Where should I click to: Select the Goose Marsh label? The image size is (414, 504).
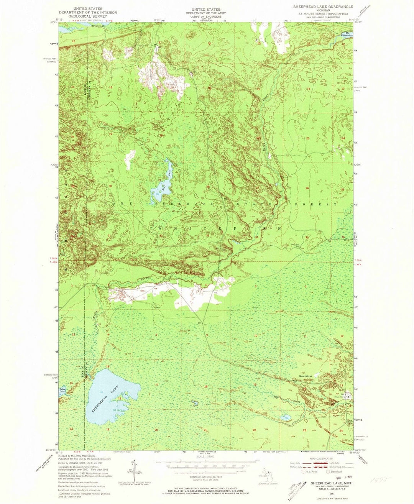click(305, 376)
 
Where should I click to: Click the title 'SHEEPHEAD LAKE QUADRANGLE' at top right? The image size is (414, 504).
click(323, 7)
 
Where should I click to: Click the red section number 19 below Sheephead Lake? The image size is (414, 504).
click(108, 429)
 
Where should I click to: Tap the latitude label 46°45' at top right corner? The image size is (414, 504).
click(358, 22)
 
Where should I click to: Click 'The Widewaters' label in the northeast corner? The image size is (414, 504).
click(349, 35)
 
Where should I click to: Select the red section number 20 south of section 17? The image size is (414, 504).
click(156, 430)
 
